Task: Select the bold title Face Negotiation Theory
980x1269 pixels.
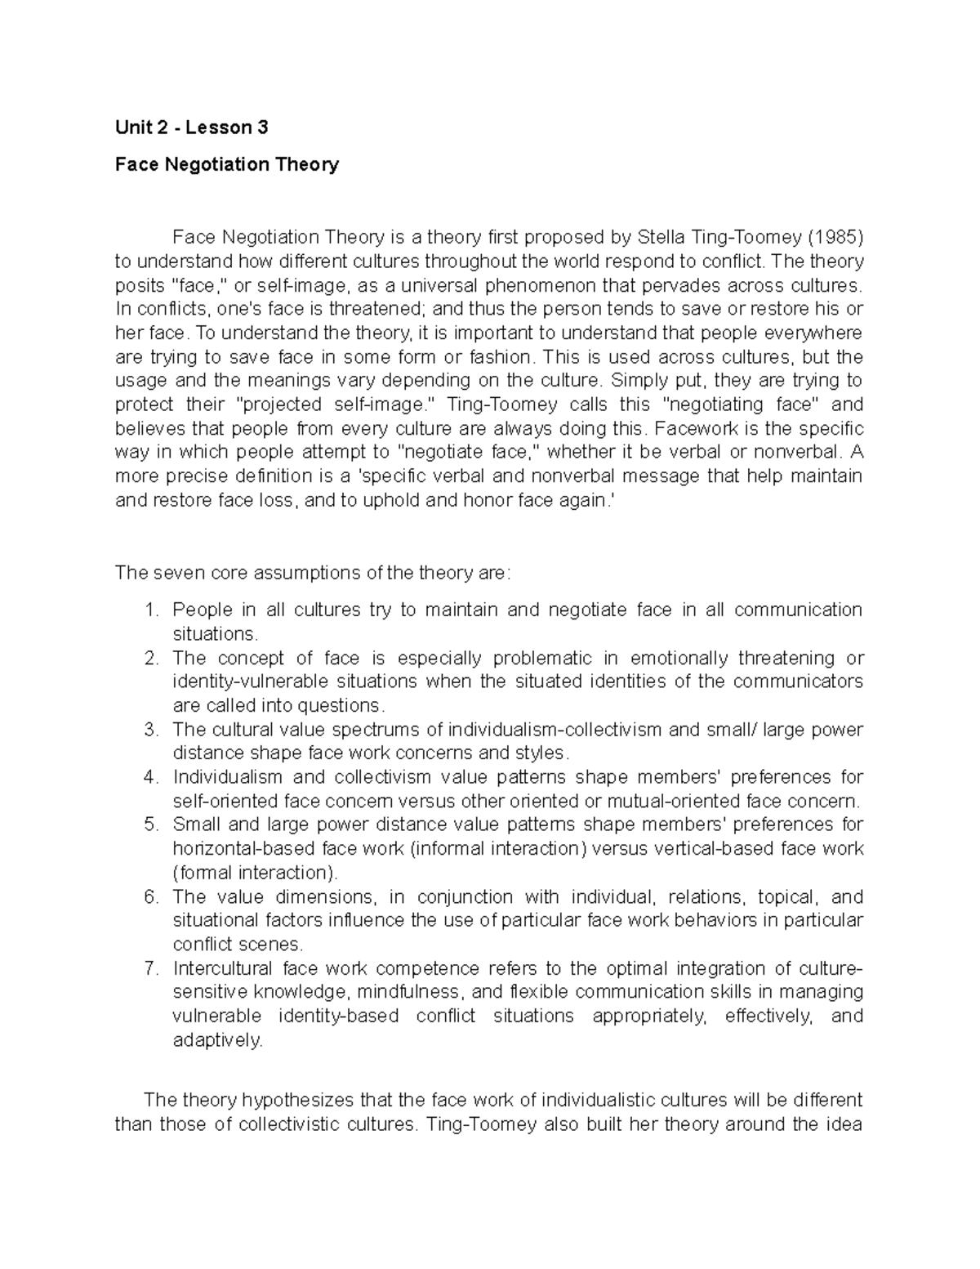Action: [226, 164]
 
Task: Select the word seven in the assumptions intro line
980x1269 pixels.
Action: [176, 572]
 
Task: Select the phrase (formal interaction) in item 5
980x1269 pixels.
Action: [254, 873]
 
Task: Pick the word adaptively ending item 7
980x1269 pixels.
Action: [218, 1040]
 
